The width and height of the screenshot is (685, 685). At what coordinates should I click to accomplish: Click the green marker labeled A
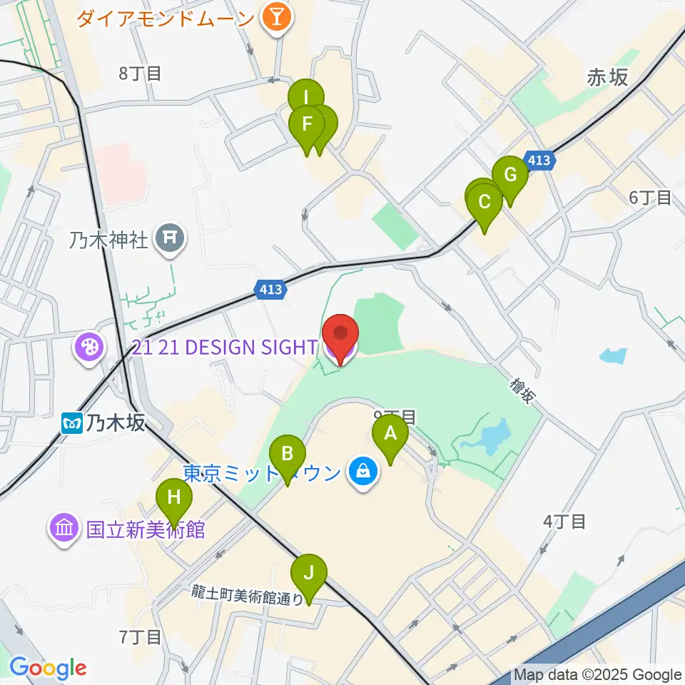(390, 434)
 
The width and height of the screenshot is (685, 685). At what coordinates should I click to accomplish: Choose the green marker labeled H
(174, 497)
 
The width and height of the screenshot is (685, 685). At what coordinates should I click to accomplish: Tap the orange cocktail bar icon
(275, 17)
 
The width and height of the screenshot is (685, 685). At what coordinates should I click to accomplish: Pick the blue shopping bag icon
(363, 472)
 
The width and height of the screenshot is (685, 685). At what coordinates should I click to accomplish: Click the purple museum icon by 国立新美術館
(64, 529)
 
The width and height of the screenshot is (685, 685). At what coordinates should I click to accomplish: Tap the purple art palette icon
(90, 348)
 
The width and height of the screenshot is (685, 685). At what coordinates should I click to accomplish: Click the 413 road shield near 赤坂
(539, 161)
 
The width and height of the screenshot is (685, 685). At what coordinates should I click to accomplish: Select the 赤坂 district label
(607, 78)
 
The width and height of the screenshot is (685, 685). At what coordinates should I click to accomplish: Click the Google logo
(48, 669)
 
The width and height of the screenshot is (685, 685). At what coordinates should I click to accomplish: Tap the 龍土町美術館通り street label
(247, 594)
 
